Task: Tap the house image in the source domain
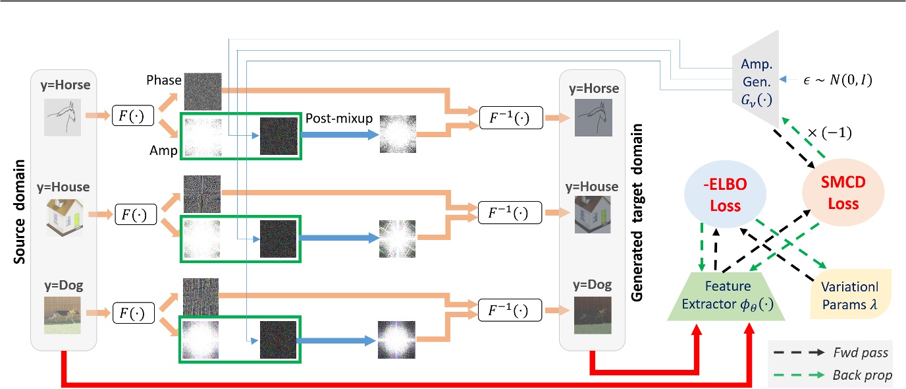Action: pos(64,215)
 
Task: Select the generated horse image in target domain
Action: pos(593,118)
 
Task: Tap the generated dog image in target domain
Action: pos(593,313)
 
